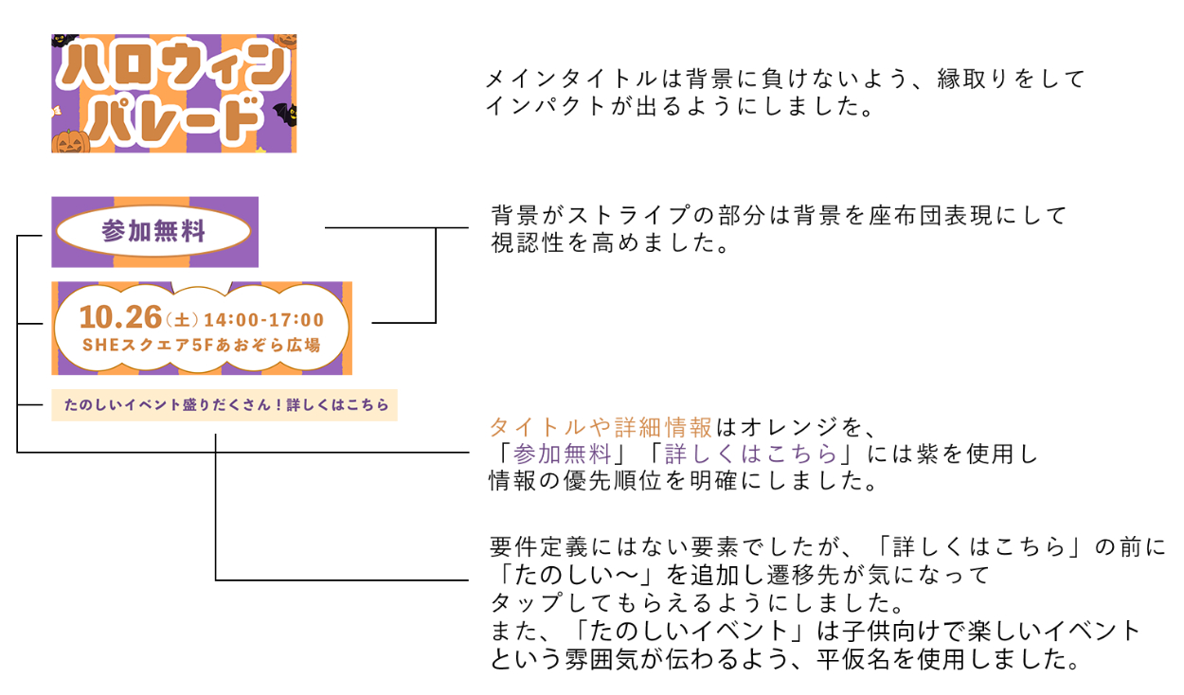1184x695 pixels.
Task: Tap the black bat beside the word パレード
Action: pos(284,116)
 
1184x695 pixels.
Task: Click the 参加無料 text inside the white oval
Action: pos(153,231)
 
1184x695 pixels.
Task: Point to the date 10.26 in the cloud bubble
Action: pos(120,317)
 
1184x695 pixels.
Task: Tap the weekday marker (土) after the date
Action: pos(182,320)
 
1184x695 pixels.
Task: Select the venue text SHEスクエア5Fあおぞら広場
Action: pos(201,346)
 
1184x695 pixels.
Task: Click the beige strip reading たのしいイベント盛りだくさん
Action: pos(224,404)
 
